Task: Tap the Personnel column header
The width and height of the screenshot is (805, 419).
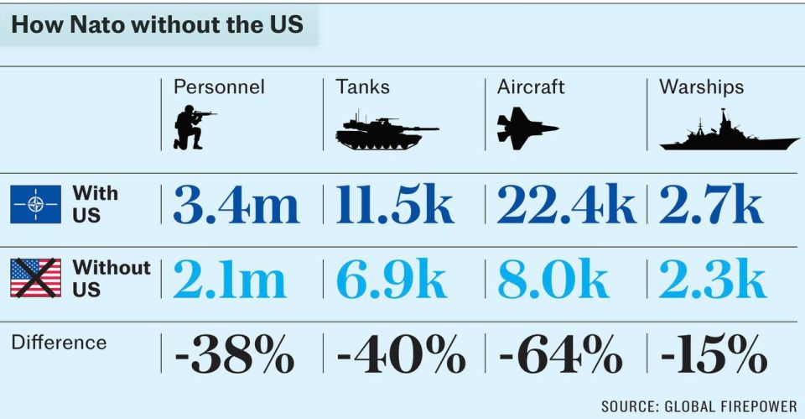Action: coord(219,86)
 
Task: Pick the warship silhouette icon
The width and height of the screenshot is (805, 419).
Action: coord(727,133)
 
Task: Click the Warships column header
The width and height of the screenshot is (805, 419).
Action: coord(701,86)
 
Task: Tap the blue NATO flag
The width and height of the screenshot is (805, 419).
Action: coord(35,204)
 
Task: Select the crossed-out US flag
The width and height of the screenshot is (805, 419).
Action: coord(35,278)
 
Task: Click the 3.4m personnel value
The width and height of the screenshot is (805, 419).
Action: coord(236,205)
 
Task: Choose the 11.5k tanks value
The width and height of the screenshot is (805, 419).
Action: coord(395,205)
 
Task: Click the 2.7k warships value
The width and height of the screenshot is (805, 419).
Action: coord(711,205)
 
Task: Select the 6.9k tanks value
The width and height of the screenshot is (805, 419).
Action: coord(391,280)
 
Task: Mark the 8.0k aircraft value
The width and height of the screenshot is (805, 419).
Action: coord(553,280)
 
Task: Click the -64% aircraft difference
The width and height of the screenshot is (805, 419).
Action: coord(560,354)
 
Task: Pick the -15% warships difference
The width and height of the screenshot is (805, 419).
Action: coord(714,354)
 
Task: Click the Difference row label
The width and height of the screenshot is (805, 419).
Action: coord(59,343)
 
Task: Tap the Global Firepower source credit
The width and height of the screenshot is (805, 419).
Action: coord(699,406)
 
